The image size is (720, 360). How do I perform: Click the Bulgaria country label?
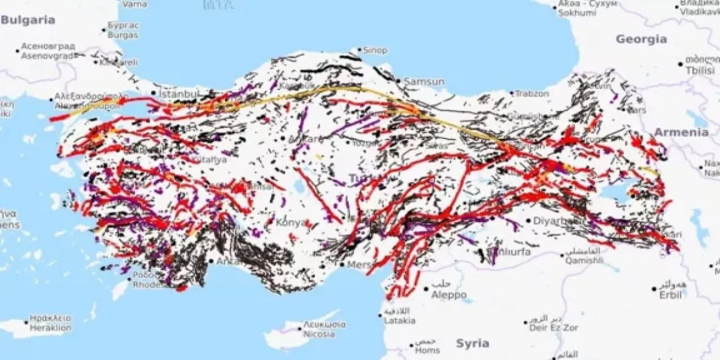click(x=28, y=20)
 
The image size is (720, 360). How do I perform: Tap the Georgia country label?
click(x=641, y=39)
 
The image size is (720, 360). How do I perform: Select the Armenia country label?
click(x=681, y=132)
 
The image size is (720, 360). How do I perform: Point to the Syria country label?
click(x=472, y=343)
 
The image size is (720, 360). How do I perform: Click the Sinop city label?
click(x=375, y=51)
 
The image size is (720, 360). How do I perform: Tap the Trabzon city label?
click(x=532, y=94)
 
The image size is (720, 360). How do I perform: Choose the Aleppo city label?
click(x=448, y=295)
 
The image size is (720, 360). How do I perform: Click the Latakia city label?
click(x=399, y=321)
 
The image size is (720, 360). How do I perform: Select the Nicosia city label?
click(x=319, y=334)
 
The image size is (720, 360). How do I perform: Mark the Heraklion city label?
click(x=51, y=327)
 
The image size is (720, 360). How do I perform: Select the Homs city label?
click(x=427, y=350)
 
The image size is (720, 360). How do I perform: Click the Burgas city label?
click(x=123, y=35)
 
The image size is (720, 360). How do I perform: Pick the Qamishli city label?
click(x=585, y=260)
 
